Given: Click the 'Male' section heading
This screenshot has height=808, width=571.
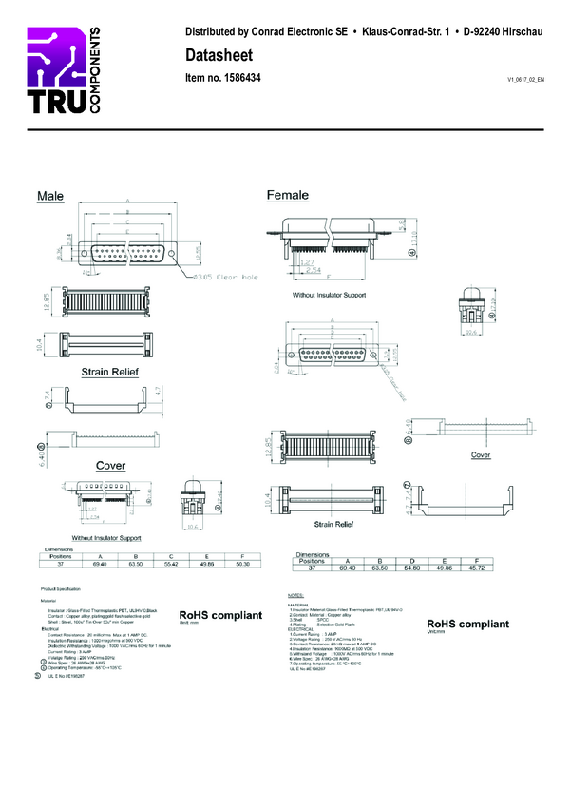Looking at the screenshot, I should [x=50, y=196].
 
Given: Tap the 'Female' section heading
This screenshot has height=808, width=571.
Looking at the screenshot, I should [x=287, y=195].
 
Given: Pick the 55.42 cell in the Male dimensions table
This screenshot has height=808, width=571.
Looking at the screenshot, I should [x=170, y=564].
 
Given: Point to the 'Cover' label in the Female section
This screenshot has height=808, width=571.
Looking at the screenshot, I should [x=481, y=455].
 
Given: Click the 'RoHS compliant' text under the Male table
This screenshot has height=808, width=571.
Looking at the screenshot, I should [x=220, y=615].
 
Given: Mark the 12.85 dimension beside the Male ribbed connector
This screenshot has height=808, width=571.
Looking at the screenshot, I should [x=46, y=302].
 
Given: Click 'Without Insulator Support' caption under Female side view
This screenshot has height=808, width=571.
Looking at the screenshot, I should [x=330, y=296].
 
